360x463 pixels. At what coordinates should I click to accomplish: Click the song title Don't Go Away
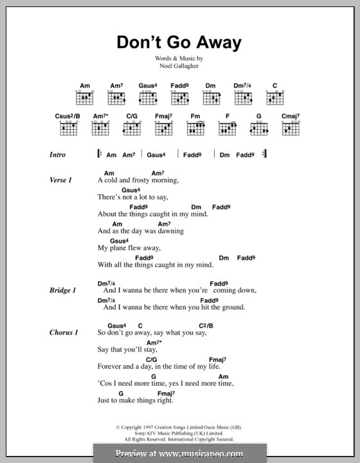pyautogui.click(x=179, y=43)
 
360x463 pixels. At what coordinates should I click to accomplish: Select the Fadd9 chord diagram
pyautogui.click(x=180, y=97)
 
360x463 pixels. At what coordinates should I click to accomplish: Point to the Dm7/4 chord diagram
pyautogui.click(x=243, y=97)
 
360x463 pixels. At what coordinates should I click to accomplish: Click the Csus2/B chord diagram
pyautogui.click(x=69, y=128)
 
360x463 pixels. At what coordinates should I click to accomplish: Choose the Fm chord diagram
pyautogui.click(x=195, y=128)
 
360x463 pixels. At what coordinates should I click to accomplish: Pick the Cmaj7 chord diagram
pyautogui.click(x=291, y=128)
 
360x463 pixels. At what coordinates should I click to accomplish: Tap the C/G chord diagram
pyautogui.click(x=132, y=128)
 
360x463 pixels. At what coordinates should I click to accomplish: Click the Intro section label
pyautogui.click(x=58, y=155)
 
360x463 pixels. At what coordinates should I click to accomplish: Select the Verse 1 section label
pyautogui.click(x=61, y=180)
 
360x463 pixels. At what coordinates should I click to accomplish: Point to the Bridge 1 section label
pyautogui.click(x=63, y=291)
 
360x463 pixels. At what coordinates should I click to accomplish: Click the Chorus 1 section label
pyautogui.click(x=64, y=332)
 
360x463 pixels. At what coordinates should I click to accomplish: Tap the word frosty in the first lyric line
pyautogui.click(x=138, y=181)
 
